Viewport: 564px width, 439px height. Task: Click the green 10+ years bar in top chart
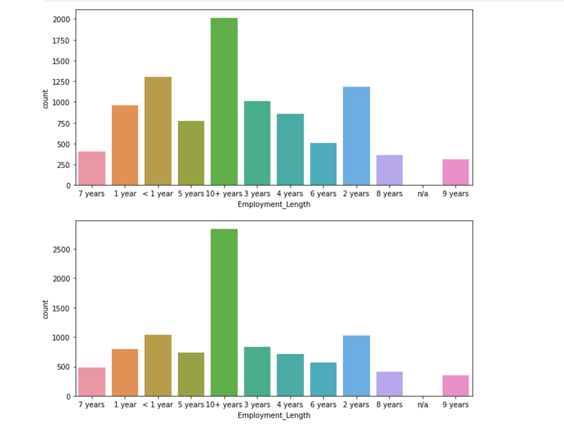[x=224, y=101]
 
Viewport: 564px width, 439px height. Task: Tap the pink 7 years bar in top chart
[x=92, y=168]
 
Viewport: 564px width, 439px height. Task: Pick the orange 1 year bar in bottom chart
[x=125, y=372]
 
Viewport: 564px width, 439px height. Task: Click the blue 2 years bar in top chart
[x=356, y=136]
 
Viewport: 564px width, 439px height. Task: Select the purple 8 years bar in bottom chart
[x=389, y=384]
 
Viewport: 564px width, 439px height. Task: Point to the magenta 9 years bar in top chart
[x=456, y=172]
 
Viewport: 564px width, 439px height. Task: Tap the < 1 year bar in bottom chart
[x=158, y=365]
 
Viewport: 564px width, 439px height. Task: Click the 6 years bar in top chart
[x=323, y=164]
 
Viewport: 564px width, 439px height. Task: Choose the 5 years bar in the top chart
[x=191, y=153]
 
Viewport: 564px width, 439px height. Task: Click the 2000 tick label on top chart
[x=61, y=20]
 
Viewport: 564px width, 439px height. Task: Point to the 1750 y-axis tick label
[x=61, y=40]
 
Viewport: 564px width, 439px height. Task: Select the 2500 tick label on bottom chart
[x=61, y=250]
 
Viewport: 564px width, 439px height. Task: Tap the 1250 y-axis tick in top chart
[x=61, y=82]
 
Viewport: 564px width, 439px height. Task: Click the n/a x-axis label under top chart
[x=423, y=194]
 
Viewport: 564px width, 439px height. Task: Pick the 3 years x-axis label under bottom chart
[x=257, y=405]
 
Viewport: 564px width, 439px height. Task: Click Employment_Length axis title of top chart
[x=274, y=204]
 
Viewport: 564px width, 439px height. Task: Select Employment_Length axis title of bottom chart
[x=274, y=415]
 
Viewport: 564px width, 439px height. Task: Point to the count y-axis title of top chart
[x=46, y=98]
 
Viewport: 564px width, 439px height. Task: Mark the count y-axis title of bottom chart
[x=46, y=309]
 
